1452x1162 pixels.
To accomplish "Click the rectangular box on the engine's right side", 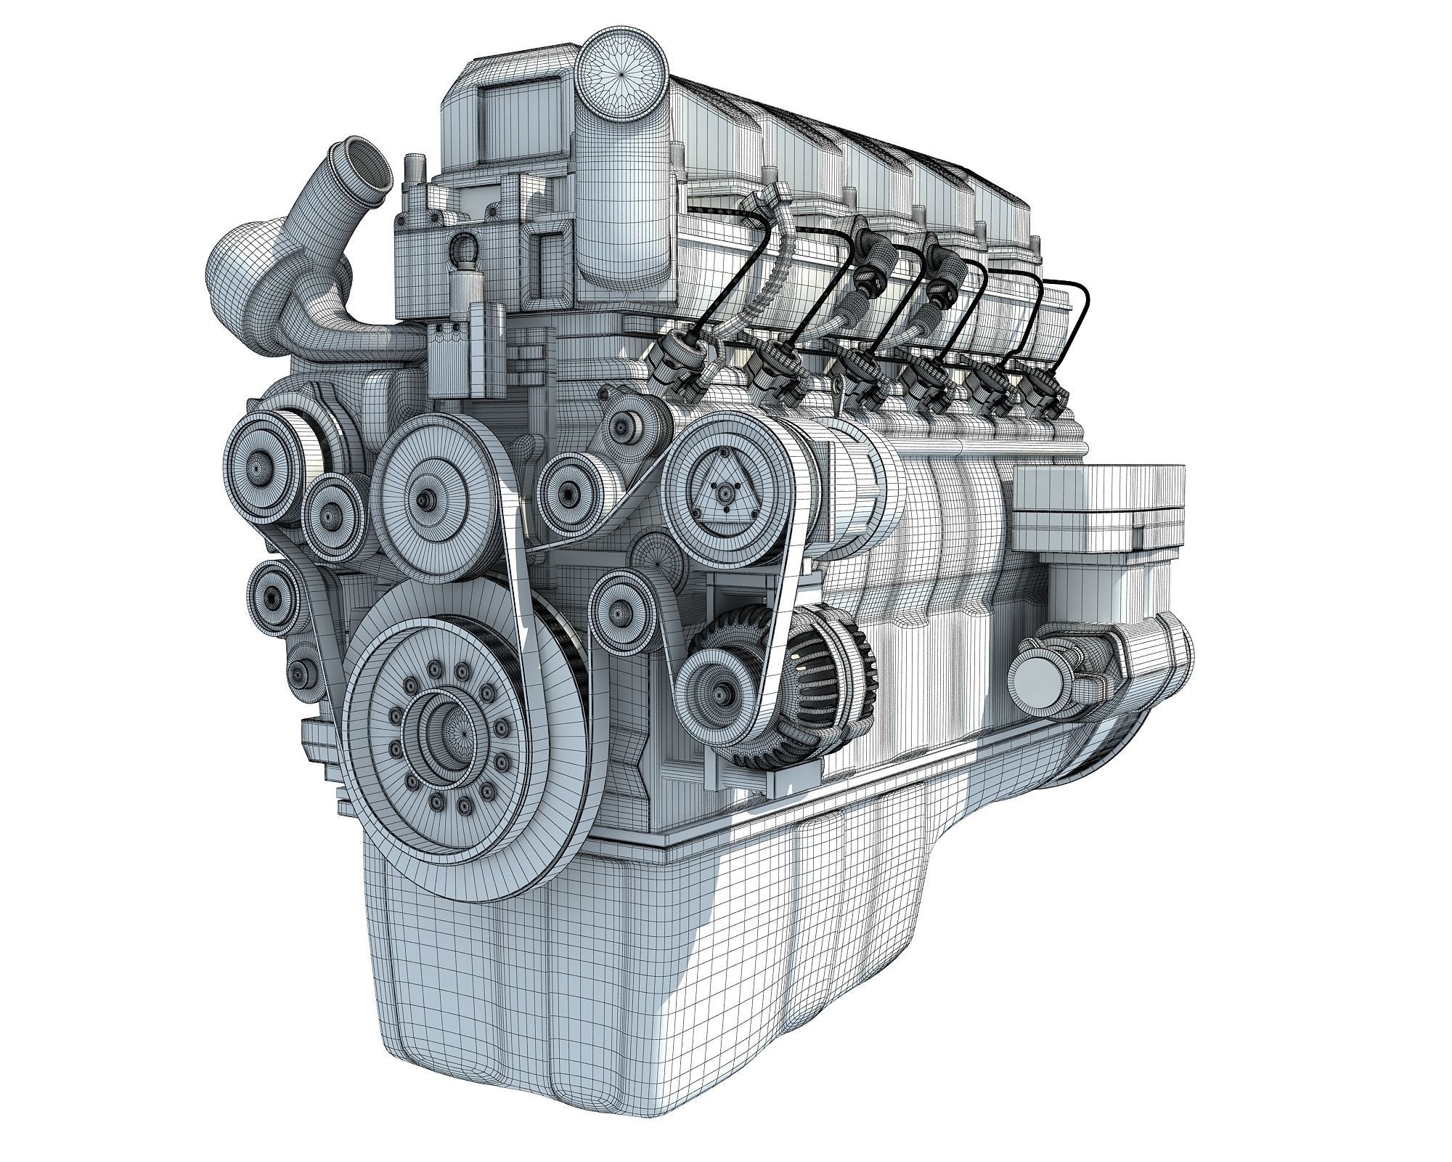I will (x=1096, y=508).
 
